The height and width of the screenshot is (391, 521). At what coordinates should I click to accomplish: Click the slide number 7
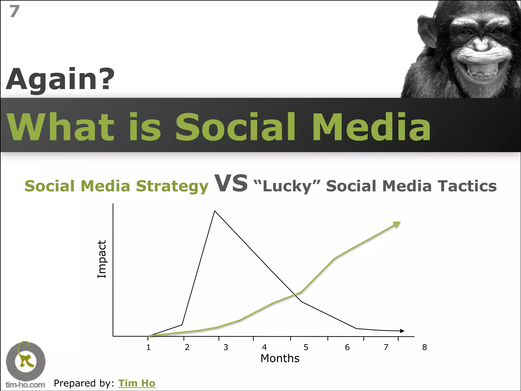(x=15, y=11)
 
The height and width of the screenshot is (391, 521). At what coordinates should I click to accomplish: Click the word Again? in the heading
(x=60, y=79)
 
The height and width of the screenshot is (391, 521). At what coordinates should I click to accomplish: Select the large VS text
(x=231, y=183)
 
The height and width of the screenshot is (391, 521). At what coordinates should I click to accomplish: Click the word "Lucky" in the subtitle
(x=287, y=186)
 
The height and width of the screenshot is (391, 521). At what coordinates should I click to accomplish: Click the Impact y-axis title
(x=102, y=259)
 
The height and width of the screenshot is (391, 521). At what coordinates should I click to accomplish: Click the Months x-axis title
(x=280, y=358)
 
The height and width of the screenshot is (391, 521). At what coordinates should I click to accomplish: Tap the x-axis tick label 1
(x=148, y=347)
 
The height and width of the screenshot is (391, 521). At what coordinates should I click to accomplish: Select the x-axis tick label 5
(x=306, y=347)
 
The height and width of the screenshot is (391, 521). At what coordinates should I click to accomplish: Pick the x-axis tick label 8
(x=424, y=347)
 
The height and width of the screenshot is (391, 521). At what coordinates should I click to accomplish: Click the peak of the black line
(x=215, y=211)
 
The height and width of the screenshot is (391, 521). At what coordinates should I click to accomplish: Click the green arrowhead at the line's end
(x=397, y=224)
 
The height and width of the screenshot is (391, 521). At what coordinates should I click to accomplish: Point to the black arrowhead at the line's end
(x=402, y=331)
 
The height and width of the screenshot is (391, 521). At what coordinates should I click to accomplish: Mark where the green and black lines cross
(x=295, y=295)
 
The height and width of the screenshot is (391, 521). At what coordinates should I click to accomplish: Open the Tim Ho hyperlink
(x=137, y=383)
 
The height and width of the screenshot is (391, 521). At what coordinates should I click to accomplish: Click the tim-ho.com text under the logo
(x=25, y=385)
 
